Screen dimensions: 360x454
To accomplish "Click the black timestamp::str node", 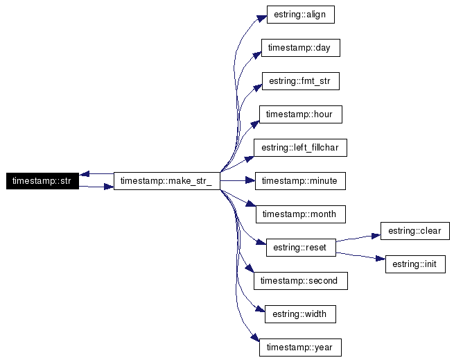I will point(42,181).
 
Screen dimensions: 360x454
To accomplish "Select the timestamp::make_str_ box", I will point(166,181).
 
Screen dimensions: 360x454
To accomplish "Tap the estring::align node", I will point(300,15).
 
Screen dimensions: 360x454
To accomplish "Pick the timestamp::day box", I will point(300,48).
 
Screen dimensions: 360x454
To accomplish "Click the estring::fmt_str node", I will point(300,81).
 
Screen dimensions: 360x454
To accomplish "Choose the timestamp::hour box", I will point(300,114).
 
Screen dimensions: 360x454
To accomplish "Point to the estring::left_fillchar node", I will point(300,148).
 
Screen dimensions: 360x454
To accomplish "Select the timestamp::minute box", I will point(300,181).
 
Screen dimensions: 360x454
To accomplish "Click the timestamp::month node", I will point(300,214).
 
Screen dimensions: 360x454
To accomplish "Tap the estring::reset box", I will point(300,247).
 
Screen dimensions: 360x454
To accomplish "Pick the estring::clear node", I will point(415,230).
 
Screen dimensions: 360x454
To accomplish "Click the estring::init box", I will point(415,264).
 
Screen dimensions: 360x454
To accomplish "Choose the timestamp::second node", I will point(300,281).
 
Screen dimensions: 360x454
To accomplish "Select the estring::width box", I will point(300,314).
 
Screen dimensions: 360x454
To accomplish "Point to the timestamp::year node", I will point(300,348).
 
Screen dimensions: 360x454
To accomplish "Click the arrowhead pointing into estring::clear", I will point(375,234).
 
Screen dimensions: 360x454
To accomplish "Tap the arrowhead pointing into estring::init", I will point(380,260).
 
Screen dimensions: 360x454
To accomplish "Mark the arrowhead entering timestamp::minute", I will point(250,181).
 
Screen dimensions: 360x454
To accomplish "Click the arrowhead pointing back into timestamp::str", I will point(83,174).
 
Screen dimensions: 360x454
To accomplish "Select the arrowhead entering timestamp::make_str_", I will point(109,187).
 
